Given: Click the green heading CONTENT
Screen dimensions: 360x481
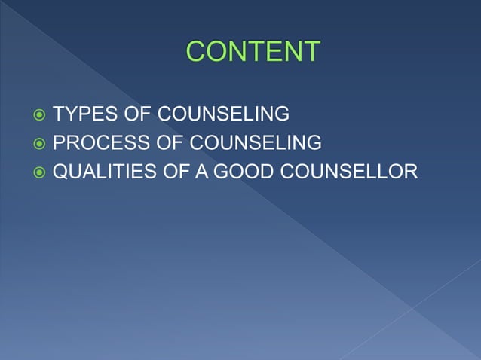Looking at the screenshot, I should pos(253,52).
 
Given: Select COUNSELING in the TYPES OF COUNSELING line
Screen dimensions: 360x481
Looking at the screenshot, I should pos(216,114).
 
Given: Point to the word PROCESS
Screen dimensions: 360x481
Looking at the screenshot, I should pos(96,143).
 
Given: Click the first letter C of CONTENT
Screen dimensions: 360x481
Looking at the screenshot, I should pos(196,52).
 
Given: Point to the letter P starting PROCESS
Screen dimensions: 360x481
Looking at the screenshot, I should pos(59,143).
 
